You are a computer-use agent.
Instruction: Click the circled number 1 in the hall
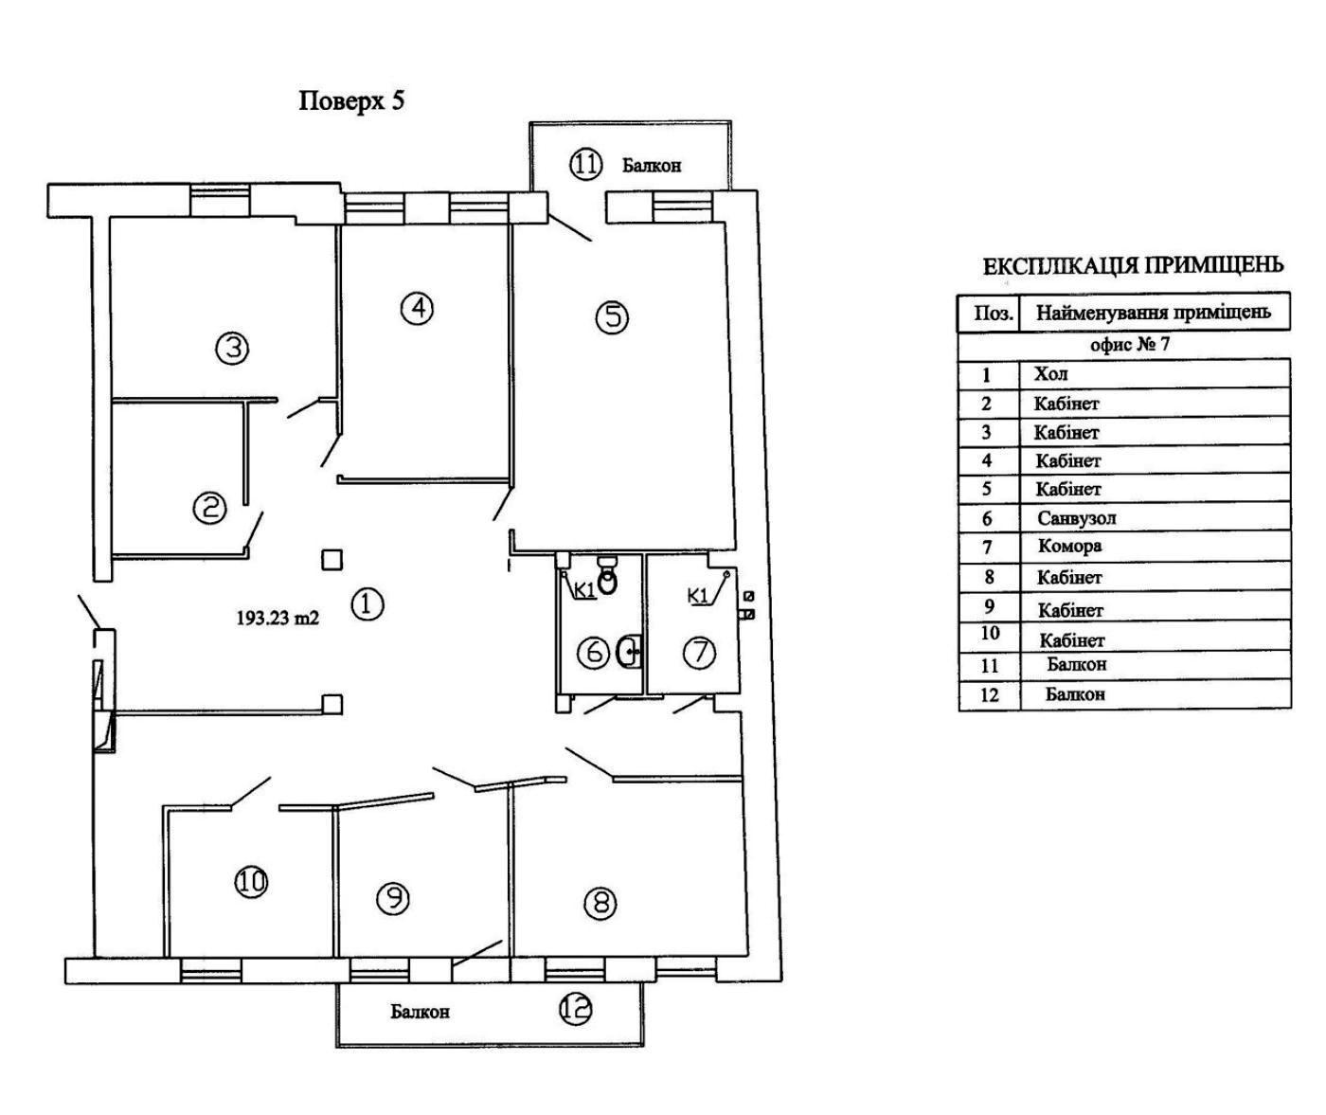[367, 603]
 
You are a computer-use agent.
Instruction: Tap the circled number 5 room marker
[612, 316]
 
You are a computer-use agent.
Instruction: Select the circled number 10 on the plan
[251, 882]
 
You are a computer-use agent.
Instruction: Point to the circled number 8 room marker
[600, 903]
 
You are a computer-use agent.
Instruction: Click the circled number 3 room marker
[232, 349]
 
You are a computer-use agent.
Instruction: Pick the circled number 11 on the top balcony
[585, 165]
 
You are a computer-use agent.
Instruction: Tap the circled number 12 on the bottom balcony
[575, 1009]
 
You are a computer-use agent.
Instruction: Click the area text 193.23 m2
[277, 618]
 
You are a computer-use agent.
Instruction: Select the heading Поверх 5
[351, 100]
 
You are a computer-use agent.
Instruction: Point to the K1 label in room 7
[697, 596]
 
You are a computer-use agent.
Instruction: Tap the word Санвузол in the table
[1076, 518]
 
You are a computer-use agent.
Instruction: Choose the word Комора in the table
[1069, 547]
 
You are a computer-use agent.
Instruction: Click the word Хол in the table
[1051, 374]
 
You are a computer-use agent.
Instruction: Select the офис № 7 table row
[1129, 344]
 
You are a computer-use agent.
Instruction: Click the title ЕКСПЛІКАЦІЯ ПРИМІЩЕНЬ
[1133, 266]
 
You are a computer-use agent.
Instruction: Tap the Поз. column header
[992, 313]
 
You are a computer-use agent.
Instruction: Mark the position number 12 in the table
[989, 694]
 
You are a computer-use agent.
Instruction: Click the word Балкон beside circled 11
[651, 166]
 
